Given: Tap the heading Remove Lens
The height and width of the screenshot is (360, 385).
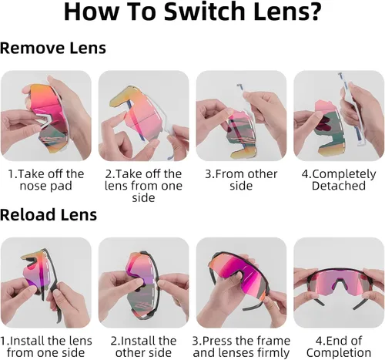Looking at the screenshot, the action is tap(53, 48).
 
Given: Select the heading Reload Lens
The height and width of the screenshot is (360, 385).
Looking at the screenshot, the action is tap(49, 214).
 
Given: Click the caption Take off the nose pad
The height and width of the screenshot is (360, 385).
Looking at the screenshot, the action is tap(46, 180).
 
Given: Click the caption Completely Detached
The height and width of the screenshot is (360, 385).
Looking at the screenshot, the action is tap(339, 180).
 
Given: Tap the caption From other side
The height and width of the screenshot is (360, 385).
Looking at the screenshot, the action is tap(241, 180).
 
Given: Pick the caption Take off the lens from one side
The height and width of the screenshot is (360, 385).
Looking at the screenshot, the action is tap(143, 186).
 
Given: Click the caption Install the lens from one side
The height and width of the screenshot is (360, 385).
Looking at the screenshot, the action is tap(46, 347).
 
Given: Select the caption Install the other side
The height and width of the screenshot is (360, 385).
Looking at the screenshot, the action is tap(143, 347).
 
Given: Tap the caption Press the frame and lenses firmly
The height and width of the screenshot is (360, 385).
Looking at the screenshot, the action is tap(241, 347).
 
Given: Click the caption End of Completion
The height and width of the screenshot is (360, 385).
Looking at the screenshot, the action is tap(339, 347).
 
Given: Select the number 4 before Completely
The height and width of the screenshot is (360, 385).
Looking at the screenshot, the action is tap(305, 174).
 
